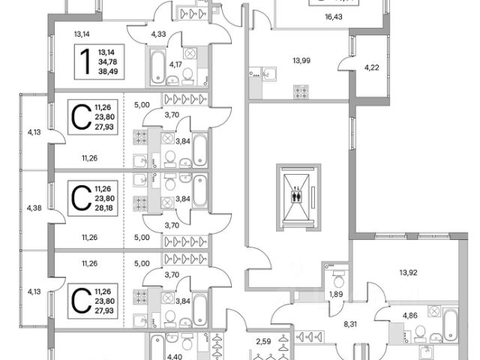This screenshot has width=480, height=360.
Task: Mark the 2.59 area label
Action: tap(262, 343)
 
